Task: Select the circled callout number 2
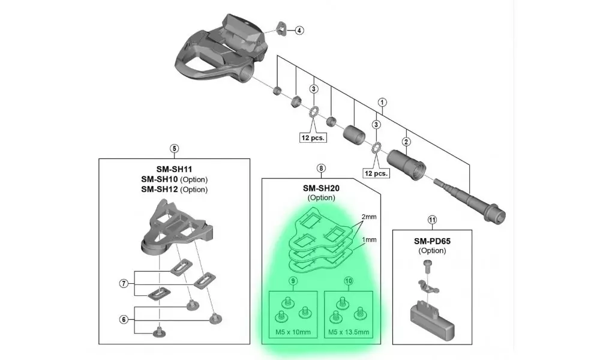click(x=406, y=142)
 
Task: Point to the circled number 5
click(x=174, y=148)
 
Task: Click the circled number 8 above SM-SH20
click(x=322, y=169)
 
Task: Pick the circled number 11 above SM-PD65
click(x=431, y=219)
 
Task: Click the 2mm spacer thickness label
click(x=369, y=216)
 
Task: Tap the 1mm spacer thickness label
click(x=369, y=239)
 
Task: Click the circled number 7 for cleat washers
click(x=124, y=284)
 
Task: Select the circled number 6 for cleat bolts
click(x=124, y=320)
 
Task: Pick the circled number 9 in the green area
click(x=293, y=281)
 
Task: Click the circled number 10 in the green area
click(x=349, y=281)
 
